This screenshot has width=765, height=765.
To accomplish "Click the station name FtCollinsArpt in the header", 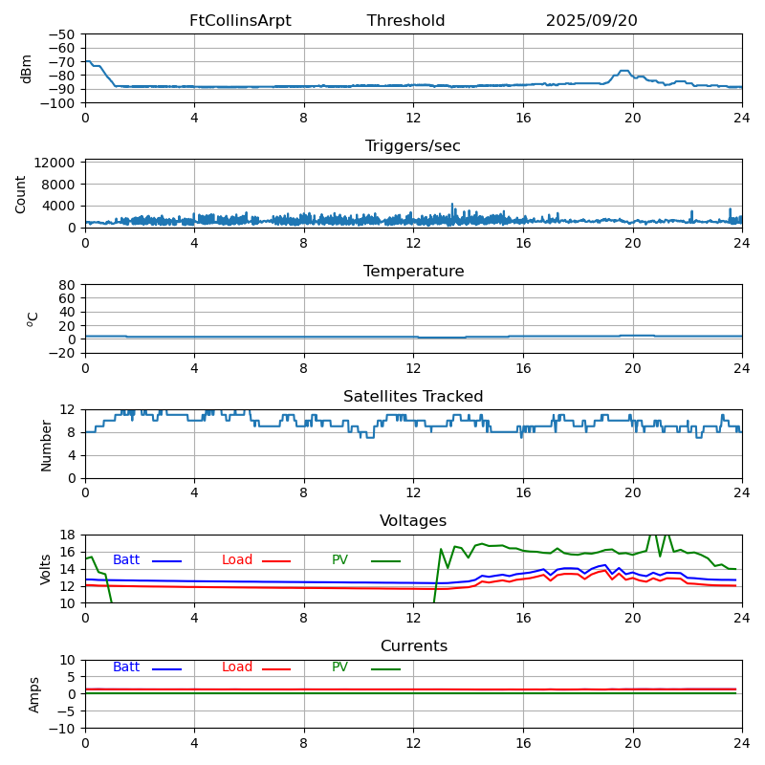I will [x=240, y=21].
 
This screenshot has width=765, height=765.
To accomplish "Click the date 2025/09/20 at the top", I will [x=591, y=21].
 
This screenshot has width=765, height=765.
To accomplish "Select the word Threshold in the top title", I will [x=405, y=21].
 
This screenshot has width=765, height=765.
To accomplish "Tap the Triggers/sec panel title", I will [x=413, y=146].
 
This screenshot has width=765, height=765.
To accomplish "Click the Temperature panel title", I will [x=413, y=272].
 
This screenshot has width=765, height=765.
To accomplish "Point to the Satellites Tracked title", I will [x=413, y=397].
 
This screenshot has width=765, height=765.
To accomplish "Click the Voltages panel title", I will [x=413, y=521].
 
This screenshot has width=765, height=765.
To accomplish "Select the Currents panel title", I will [x=413, y=646].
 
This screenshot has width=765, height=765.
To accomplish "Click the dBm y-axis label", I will [x=27, y=69].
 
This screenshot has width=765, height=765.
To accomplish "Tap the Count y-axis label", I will [x=22, y=193].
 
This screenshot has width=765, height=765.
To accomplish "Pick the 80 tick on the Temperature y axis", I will [x=68, y=285].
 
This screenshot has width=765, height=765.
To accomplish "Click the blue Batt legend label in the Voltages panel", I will [x=126, y=560].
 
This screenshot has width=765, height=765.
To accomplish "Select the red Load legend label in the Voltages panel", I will [x=237, y=560].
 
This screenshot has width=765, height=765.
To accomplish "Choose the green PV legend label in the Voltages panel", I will [x=340, y=560].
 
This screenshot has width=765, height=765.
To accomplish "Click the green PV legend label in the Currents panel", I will [x=340, y=667].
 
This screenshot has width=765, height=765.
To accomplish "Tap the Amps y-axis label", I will [x=35, y=694].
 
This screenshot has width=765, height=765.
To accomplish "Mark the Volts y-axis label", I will [x=47, y=569].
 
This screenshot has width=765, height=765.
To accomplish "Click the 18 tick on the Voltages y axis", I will [x=68, y=535].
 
